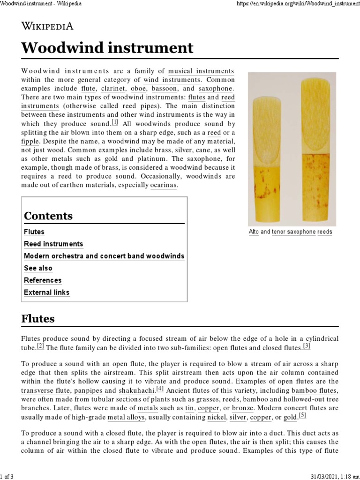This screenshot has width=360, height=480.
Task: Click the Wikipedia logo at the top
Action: point(47,25)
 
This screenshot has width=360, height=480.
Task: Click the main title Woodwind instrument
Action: point(107,48)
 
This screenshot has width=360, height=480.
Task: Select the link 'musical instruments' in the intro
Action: point(201,71)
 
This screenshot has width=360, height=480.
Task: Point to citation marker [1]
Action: point(115,123)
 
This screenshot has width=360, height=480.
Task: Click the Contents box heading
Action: point(48,216)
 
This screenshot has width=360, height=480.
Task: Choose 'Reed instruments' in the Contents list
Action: point(53,244)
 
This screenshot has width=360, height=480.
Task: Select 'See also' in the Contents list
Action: point(38,269)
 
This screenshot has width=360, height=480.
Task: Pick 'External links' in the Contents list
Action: point(46,292)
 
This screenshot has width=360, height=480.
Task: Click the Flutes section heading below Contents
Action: point(38,319)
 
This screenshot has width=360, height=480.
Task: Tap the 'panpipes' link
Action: point(89,390)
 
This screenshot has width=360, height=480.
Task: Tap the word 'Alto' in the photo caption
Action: point(254,232)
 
